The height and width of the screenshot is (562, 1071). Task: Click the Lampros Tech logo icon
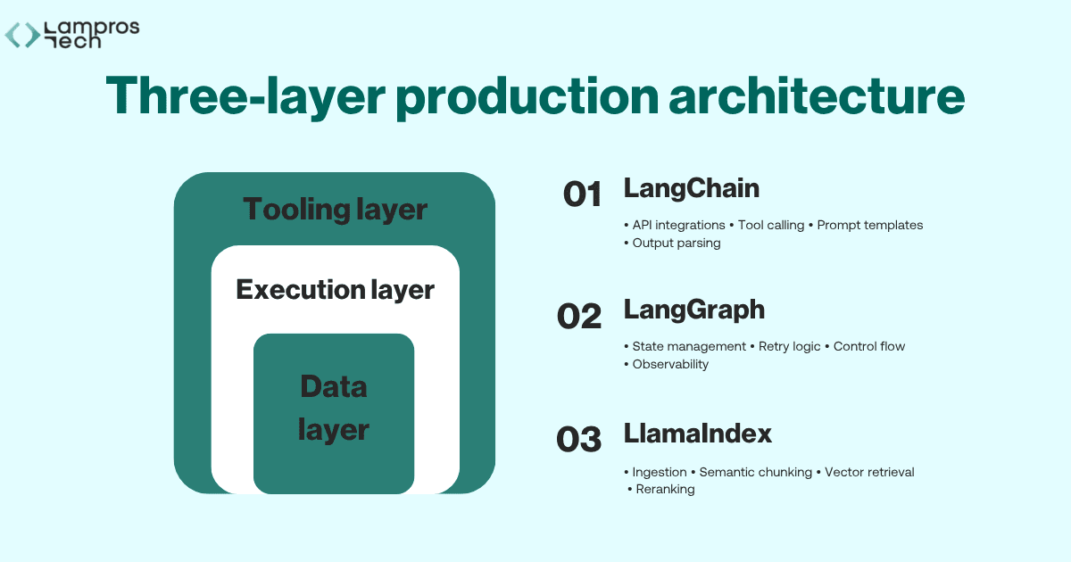(22, 35)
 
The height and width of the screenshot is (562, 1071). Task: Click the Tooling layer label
(335, 211)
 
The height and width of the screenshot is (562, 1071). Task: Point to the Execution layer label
(335, 290)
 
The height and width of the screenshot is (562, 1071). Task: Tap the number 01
(582, 194)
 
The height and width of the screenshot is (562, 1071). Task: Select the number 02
(579, 316)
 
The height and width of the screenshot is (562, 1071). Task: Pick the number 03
(579, 439)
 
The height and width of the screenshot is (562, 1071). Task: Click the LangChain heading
(691, 188)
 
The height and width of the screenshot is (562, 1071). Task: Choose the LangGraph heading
(693, 310)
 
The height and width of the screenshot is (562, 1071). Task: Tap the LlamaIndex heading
(697, 434)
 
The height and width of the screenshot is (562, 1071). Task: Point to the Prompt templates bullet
(869, 225)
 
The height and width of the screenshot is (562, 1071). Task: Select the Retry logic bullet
(789, 346)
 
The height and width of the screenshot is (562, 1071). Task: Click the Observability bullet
(669, 364)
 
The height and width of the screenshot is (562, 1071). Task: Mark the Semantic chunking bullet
(755, 472)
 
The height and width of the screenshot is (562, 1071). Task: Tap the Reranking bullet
(665, 490)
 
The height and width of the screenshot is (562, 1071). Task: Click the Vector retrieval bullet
(869, 472)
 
